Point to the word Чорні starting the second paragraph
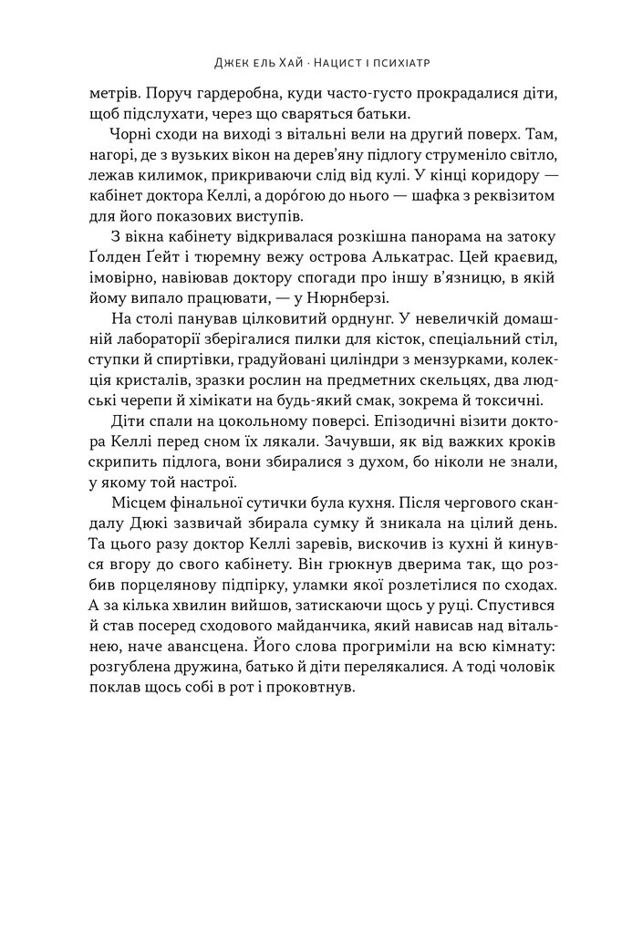pyautogui.click(x=128, y=134)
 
